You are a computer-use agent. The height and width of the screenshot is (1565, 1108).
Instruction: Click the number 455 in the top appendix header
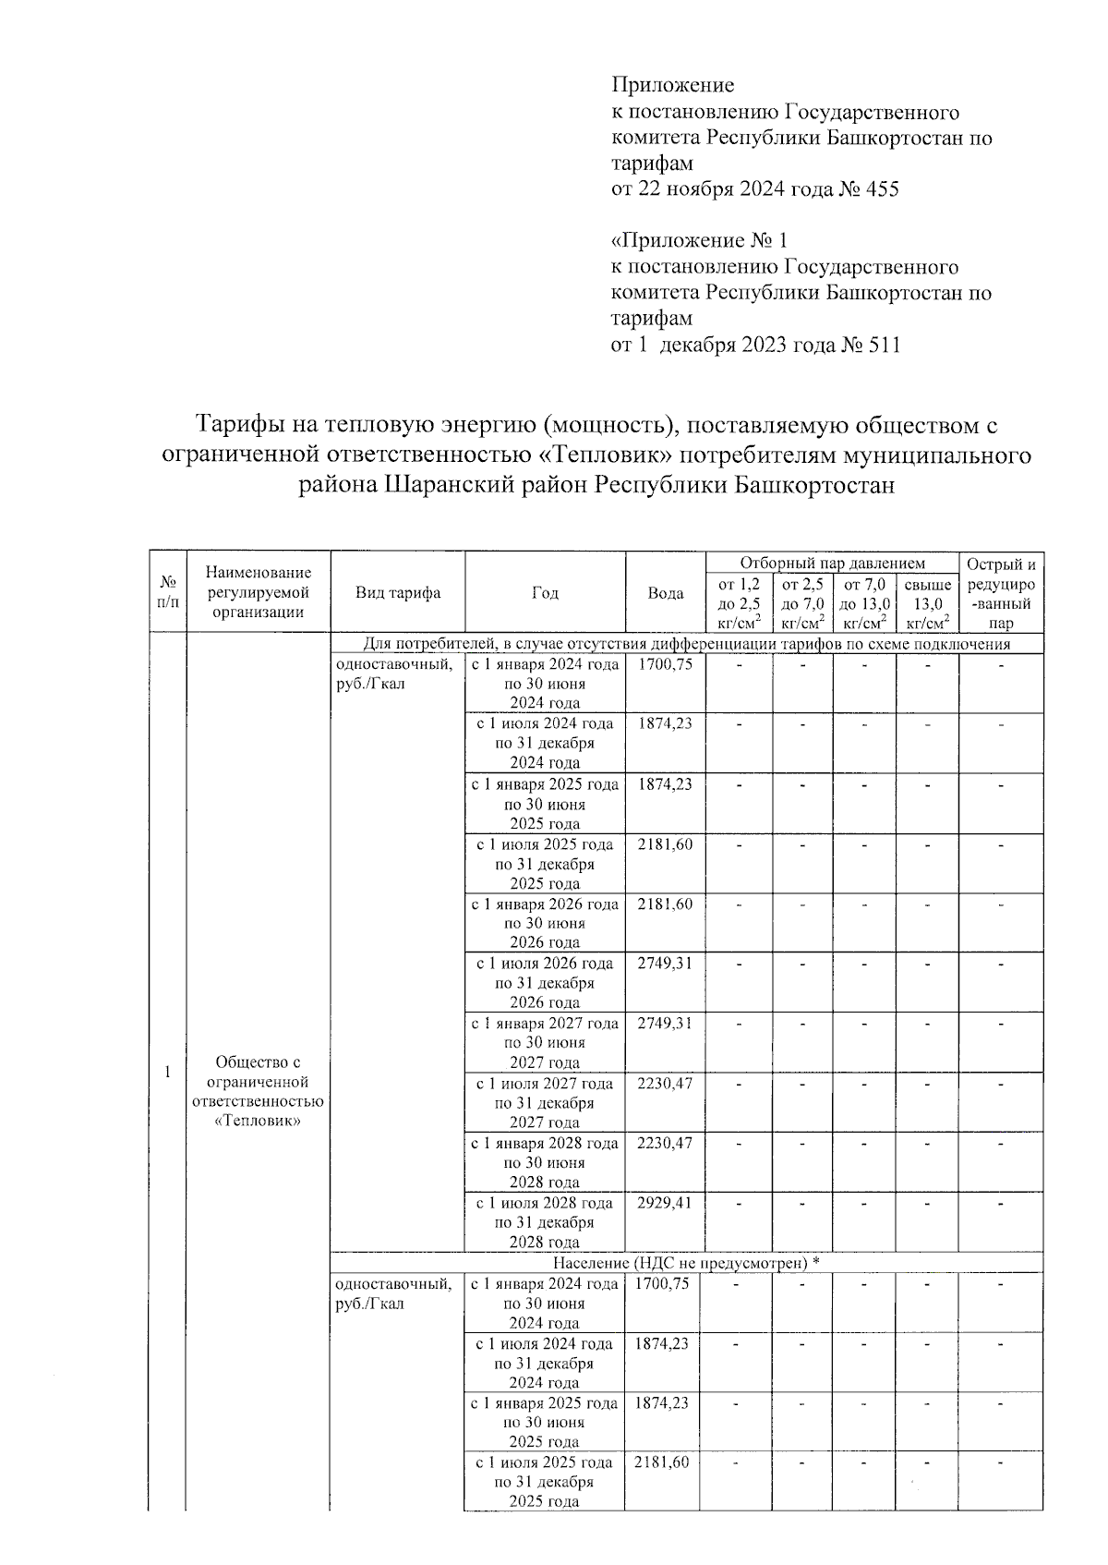pos(879,189)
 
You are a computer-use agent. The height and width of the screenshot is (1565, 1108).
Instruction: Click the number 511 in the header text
pos(881,345)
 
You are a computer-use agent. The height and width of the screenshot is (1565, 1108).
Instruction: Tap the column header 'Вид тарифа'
pos(397,593)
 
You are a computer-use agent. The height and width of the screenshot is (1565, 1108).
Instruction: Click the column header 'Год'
pos(545,593)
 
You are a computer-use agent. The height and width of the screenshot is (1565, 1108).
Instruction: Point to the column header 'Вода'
pos(665,593)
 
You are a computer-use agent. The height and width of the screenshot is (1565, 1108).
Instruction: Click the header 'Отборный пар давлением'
pos(832,563)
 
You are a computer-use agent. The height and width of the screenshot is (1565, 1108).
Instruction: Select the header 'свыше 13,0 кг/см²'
pos(927,604)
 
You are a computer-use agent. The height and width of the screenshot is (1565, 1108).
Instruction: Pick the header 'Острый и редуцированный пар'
pos(1001,593)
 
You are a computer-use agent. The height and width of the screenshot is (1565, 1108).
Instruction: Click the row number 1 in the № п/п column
pos(167,1072)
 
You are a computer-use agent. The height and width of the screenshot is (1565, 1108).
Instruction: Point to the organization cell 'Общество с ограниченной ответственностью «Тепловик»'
pos(258,1091)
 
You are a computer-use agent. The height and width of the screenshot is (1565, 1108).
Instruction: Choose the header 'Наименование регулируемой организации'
pos(258,592)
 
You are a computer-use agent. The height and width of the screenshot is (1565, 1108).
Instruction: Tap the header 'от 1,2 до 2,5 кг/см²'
pos(739,604)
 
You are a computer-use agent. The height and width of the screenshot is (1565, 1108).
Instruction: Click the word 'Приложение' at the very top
pos(673,85)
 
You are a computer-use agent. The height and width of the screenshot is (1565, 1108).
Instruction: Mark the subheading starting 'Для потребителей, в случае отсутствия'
pos(687,644)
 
